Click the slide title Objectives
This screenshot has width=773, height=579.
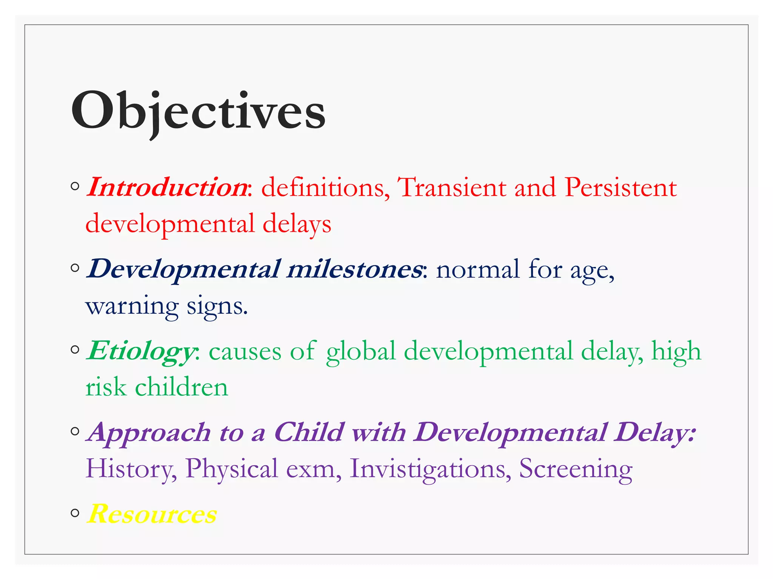tap(198, 111)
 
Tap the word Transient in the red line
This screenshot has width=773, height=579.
tap(452, 187)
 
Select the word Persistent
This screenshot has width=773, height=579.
tap(621, 187)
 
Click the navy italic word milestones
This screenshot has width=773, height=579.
tap(354, 269)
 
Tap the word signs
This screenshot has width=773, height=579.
tap(217, 306)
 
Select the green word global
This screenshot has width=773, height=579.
tap(361, 351)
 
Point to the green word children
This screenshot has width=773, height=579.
tap(182, 388)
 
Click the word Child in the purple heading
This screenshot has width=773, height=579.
tap(309, 432)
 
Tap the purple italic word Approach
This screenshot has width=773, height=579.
tap(148, 433)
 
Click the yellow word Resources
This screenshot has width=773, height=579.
tap(152, 514)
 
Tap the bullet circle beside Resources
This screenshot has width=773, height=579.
tap(75, 513)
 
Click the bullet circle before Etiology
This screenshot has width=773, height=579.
tap(75, 350)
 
